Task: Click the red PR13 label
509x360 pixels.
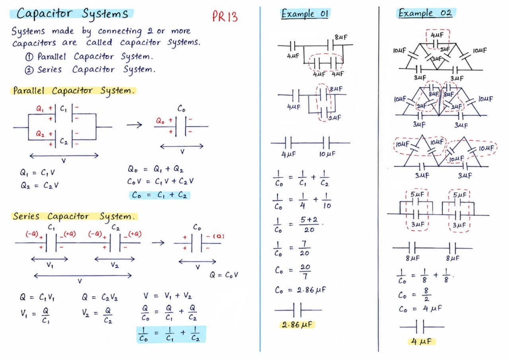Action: [x=225, y=16]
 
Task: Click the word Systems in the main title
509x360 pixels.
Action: [x=105, y=14]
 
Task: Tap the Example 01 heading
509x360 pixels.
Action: [x=305, y=14]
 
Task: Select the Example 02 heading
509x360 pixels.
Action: [x=425, y=13]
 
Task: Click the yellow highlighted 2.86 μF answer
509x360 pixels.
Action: [x=297, y=325]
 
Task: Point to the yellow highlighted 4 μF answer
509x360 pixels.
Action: [x=421, y=341]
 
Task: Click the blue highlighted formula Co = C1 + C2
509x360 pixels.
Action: [x=159, y=195]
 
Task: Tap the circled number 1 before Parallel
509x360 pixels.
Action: [x=29, y=57]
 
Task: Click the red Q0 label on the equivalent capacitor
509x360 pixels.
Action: [x=160, y=121]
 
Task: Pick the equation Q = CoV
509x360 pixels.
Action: [x=223, y=275]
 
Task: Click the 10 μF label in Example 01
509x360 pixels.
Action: [x=327, y=154]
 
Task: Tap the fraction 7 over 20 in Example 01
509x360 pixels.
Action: [x=305, y=248]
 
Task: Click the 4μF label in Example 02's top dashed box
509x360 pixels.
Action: [x=437, y=35]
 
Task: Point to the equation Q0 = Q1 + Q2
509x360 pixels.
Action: [x=155, y=169]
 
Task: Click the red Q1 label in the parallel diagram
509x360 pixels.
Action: [x=40, y=109]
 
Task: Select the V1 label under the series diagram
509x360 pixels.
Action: [x=50, y=265]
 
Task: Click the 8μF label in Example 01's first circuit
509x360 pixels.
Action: [x=341, y=37]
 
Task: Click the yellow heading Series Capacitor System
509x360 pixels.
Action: [x=74, y=216]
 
